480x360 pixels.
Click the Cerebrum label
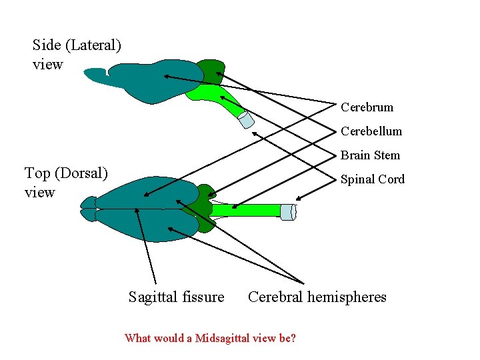[367, 107]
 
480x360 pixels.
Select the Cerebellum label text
[371, 131]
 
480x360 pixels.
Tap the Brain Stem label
[370, 155]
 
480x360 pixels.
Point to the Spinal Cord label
[372, 179]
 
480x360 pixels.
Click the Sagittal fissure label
[176, 297]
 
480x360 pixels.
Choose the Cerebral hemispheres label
[317, 297]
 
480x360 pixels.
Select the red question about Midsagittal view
[210, 338]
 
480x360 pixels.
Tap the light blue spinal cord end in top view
[287, 212]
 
